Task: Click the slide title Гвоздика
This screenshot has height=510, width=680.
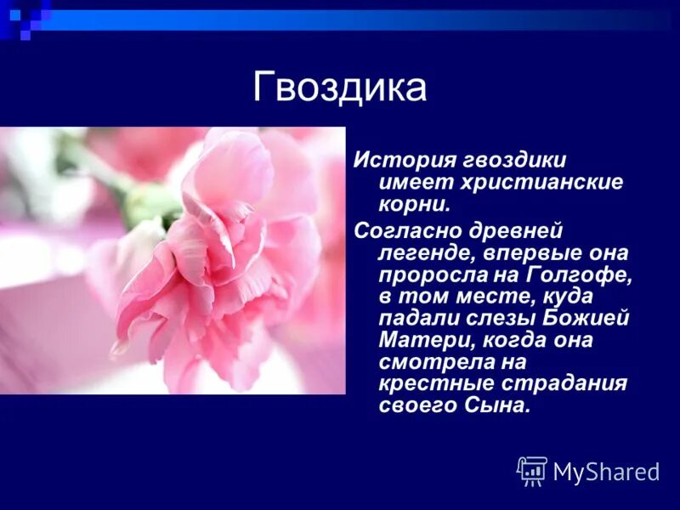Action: pos(339,88)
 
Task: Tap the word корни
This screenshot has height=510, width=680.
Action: pos(414,205)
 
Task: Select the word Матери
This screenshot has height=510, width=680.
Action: pos(418,342)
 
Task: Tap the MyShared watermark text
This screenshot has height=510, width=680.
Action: pos(606,473)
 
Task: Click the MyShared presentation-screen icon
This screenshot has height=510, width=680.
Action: pos(532,471)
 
